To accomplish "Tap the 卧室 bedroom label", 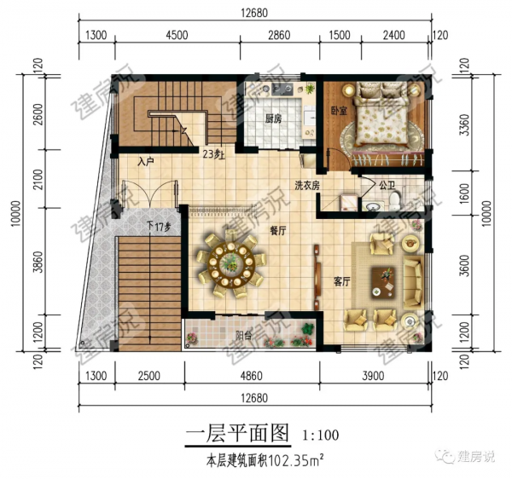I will [335, 110].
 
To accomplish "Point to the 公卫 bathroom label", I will [387, 183].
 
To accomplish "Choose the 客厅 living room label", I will [341, 281].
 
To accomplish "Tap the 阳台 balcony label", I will [243, 335].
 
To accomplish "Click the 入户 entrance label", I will [145, 160].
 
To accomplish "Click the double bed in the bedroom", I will [381, 122].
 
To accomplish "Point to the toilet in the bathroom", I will [394, 199].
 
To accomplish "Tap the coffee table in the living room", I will [387, 275].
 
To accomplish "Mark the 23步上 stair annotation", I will [214, 154].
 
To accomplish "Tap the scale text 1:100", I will [320, 436].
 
